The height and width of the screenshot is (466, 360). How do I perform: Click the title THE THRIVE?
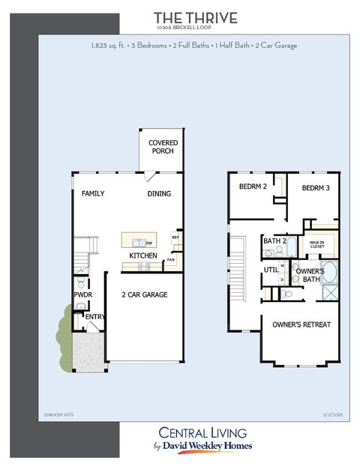coord(195,17)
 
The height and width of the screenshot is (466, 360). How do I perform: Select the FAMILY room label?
coord(93,194)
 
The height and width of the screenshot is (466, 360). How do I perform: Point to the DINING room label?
coord(159,194)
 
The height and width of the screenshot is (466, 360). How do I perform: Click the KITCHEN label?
coord(143,256)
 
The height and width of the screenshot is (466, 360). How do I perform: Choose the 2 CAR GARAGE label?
coord(145,294)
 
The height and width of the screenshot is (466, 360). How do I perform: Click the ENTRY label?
coord(94,317)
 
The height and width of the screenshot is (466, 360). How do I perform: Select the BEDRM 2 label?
coord(253,187)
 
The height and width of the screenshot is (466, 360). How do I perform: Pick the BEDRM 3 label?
coord(316,188)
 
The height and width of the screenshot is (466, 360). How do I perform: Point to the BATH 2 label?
coord(275,241)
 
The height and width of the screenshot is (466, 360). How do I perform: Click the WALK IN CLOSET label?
coord(319,243)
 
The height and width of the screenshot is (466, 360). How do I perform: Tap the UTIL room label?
coord(271,270)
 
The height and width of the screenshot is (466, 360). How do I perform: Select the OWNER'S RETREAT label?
coord(301,324)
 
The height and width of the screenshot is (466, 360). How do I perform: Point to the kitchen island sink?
coord(139,243)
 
